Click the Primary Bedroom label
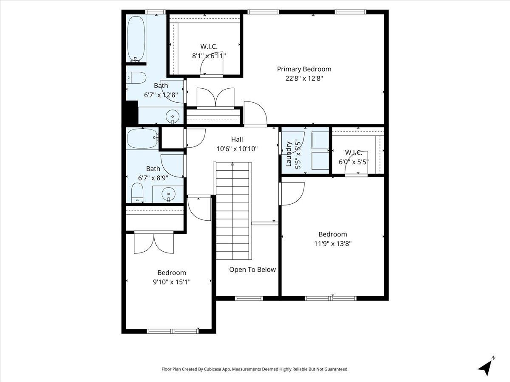(x=304, y=69)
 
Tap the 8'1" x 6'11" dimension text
(x=209, y=56)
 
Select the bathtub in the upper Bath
(x=136, y=39)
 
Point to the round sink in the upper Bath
(x=173, y=116)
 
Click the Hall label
(x=237, y=139)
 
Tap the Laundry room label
(x=289, y=154)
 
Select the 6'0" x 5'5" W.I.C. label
(x=353, y=152)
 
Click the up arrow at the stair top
(x=232, y=164)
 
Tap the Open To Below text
(x=252, y=270)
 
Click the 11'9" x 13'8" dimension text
(x=332, y=244)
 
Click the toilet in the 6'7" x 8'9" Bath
(x=137, y=193)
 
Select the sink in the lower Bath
(x=168, y=194)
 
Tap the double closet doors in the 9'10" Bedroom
(x=154, y=242)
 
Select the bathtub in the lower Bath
(x=142, y=138)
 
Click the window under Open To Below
(x=249, y=298)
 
